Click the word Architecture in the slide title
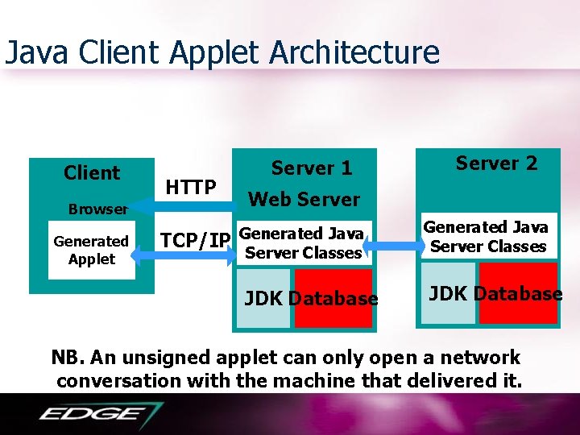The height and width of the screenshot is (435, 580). pyautogui.click(x=354, y=53)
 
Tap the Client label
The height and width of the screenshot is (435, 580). pyautogui.click(x=92, y=173)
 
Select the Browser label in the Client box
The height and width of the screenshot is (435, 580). pyautogui.click(x=97, y=209)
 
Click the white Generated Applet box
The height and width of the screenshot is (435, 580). pyautogui.click(x=92, y=250)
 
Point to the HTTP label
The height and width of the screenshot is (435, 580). pyautogui.click(x=190, y=188)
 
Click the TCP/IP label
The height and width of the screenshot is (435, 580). pyautogui.click(x=196, y=239)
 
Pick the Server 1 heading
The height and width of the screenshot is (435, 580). pyautogui.click(x=312, y=168)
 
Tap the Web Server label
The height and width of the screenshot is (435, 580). pyautogui.click(x=304, y=199)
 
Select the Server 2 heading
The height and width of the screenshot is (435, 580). pyautogui.click(x=496, y=164)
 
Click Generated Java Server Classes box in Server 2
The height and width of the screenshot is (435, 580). pyautogui.click(x=486, y=237)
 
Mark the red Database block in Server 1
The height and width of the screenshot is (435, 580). pyautogui.click(x=333, y=299)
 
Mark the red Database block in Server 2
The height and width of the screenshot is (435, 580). pyautogui.click(x=518, y=293)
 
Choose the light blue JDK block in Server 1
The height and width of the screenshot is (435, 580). pyautogui.click(x=263, y=299)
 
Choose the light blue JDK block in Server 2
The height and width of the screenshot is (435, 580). pyautogui.click(x=449, y=293)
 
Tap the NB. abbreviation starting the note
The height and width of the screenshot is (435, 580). pyautogui.click(x=68, y=358)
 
